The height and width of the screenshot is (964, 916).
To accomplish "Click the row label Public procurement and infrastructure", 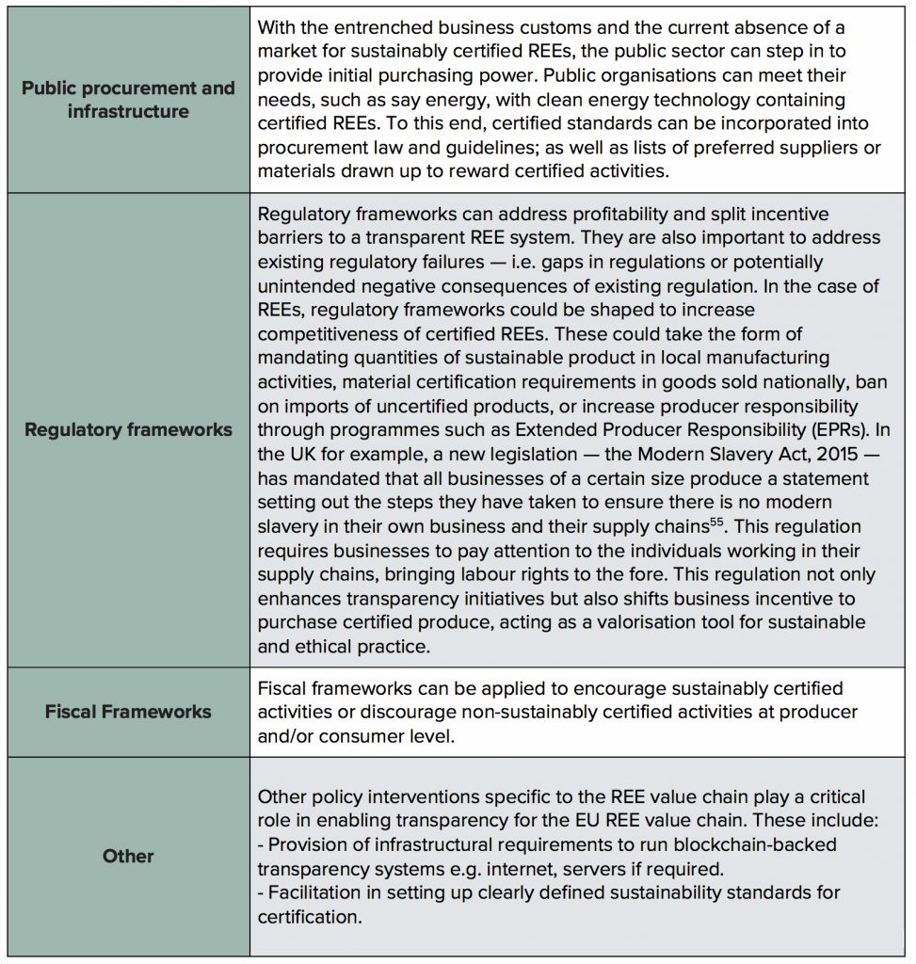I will (x=128, y=100).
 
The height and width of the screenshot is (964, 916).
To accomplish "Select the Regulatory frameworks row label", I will (x=128, y=430).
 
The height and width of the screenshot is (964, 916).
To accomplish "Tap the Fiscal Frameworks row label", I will (x=128, y=712).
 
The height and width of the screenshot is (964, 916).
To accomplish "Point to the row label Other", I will (x=128, y=857).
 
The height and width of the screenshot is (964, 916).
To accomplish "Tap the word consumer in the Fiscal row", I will (x=362, y=736).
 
